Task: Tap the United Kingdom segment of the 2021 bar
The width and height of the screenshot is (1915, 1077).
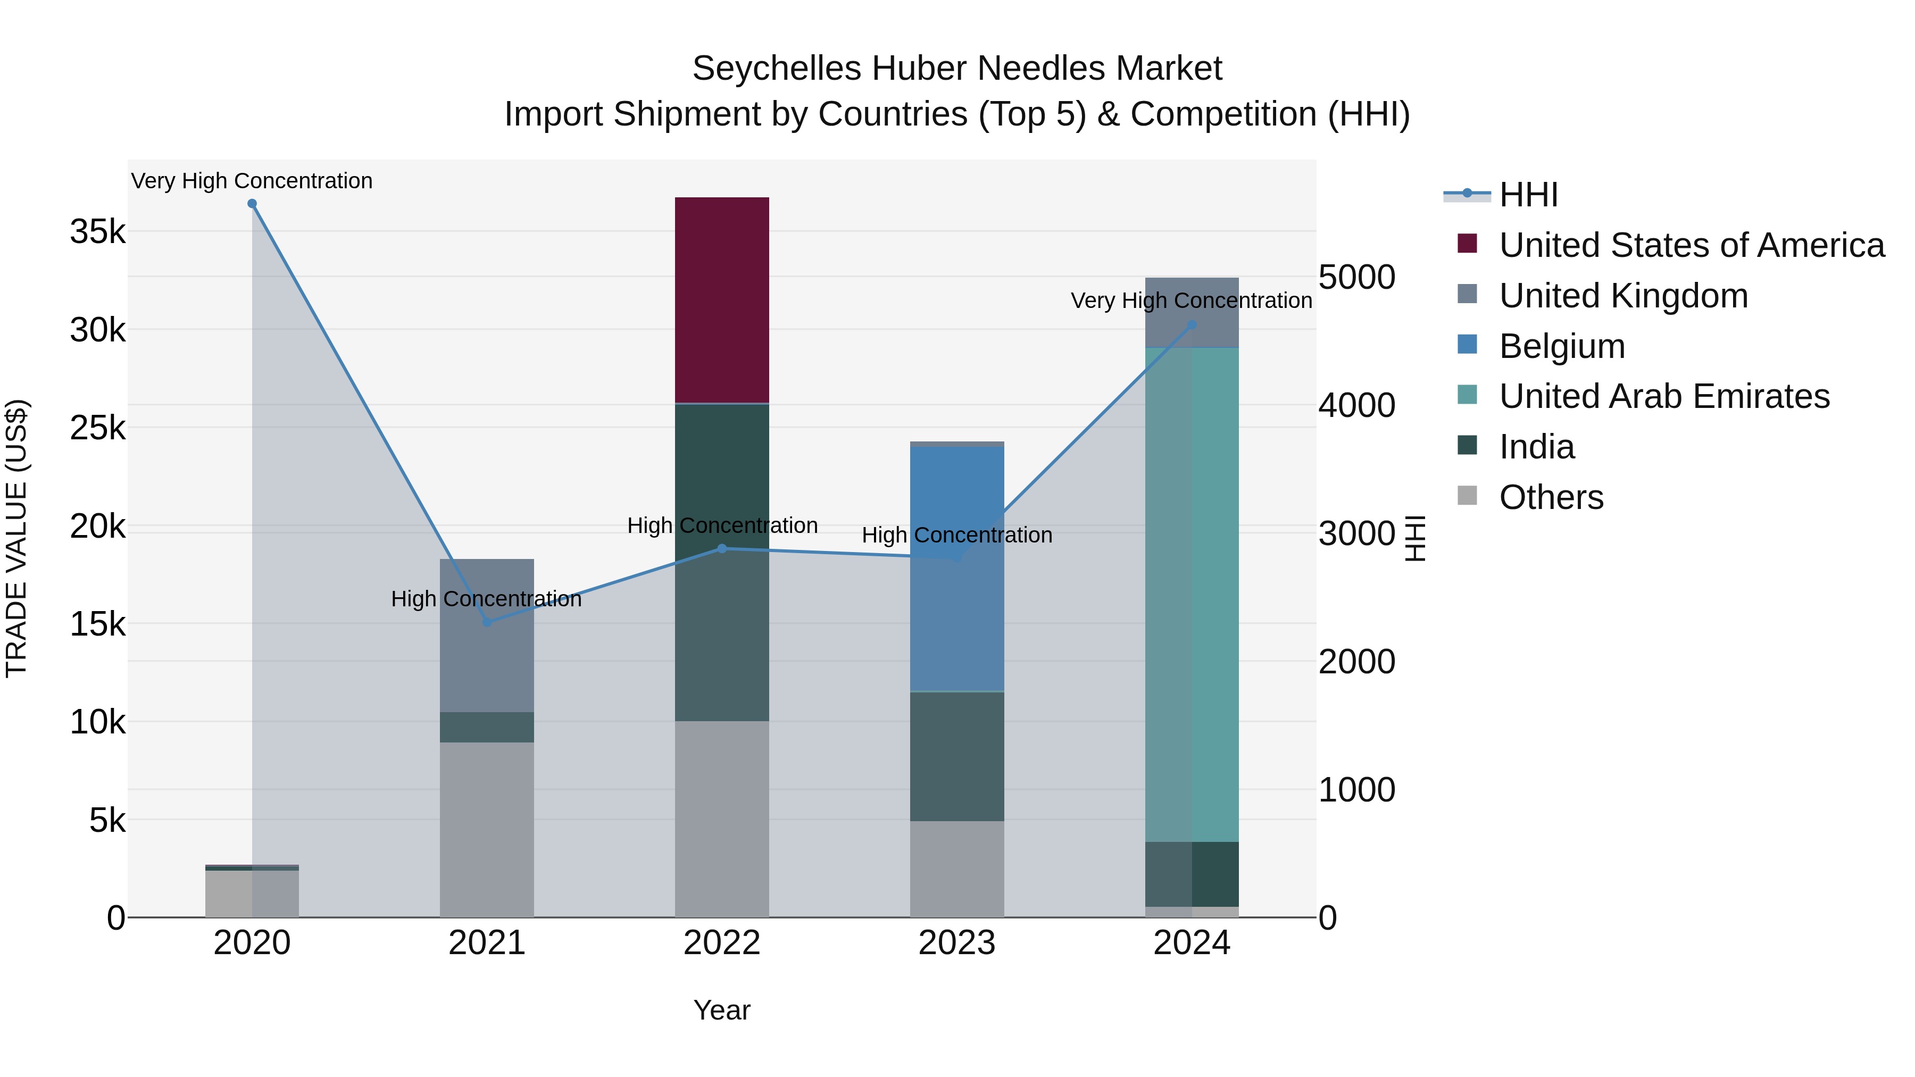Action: point(487,636)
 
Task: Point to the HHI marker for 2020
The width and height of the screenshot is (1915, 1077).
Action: point(252,204)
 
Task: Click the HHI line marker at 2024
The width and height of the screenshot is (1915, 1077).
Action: point(1192,325)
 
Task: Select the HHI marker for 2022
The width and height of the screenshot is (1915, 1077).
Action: point(722,548)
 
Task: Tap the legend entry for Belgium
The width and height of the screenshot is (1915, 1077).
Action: point(1561,346)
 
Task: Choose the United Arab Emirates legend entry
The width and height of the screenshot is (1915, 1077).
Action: point(1664,396)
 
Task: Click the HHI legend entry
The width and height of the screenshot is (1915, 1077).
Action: point(1528,195)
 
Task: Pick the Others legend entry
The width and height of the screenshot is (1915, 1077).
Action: point(1551,497)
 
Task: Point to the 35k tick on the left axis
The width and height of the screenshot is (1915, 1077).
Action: point(97,232)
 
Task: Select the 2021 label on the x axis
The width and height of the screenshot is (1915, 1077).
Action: point(487,943)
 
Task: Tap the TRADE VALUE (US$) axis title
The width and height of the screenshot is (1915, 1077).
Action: point(16,538)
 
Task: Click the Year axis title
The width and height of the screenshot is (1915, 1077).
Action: point(721,1010)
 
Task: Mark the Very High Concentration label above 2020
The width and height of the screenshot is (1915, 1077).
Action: point(252,181)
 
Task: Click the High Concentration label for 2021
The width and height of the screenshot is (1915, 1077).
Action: point(486,599)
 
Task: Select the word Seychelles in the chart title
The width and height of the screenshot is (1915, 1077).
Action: point(776,69)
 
